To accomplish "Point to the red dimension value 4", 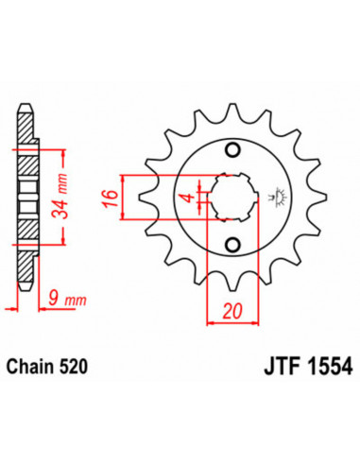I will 189,198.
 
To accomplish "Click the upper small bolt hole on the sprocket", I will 232,149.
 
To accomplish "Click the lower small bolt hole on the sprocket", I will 232,246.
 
